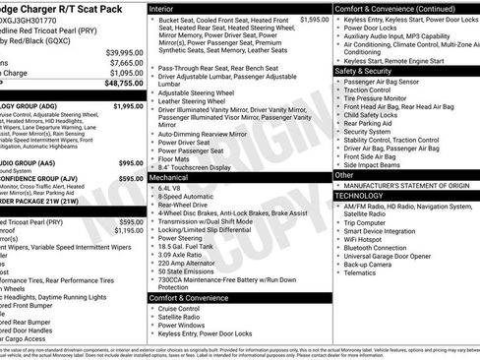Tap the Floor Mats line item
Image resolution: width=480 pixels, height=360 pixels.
coord(177,158)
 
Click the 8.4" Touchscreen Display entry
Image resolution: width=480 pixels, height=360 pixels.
coord(204,167)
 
